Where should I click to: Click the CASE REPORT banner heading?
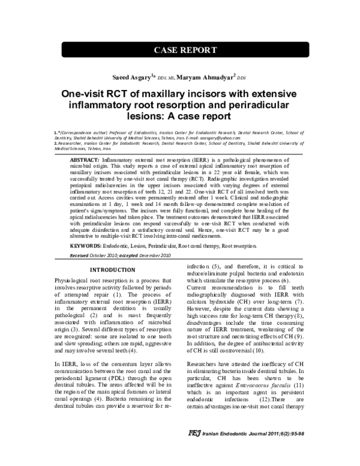[179, 50]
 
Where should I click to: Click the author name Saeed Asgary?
[131, 77]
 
